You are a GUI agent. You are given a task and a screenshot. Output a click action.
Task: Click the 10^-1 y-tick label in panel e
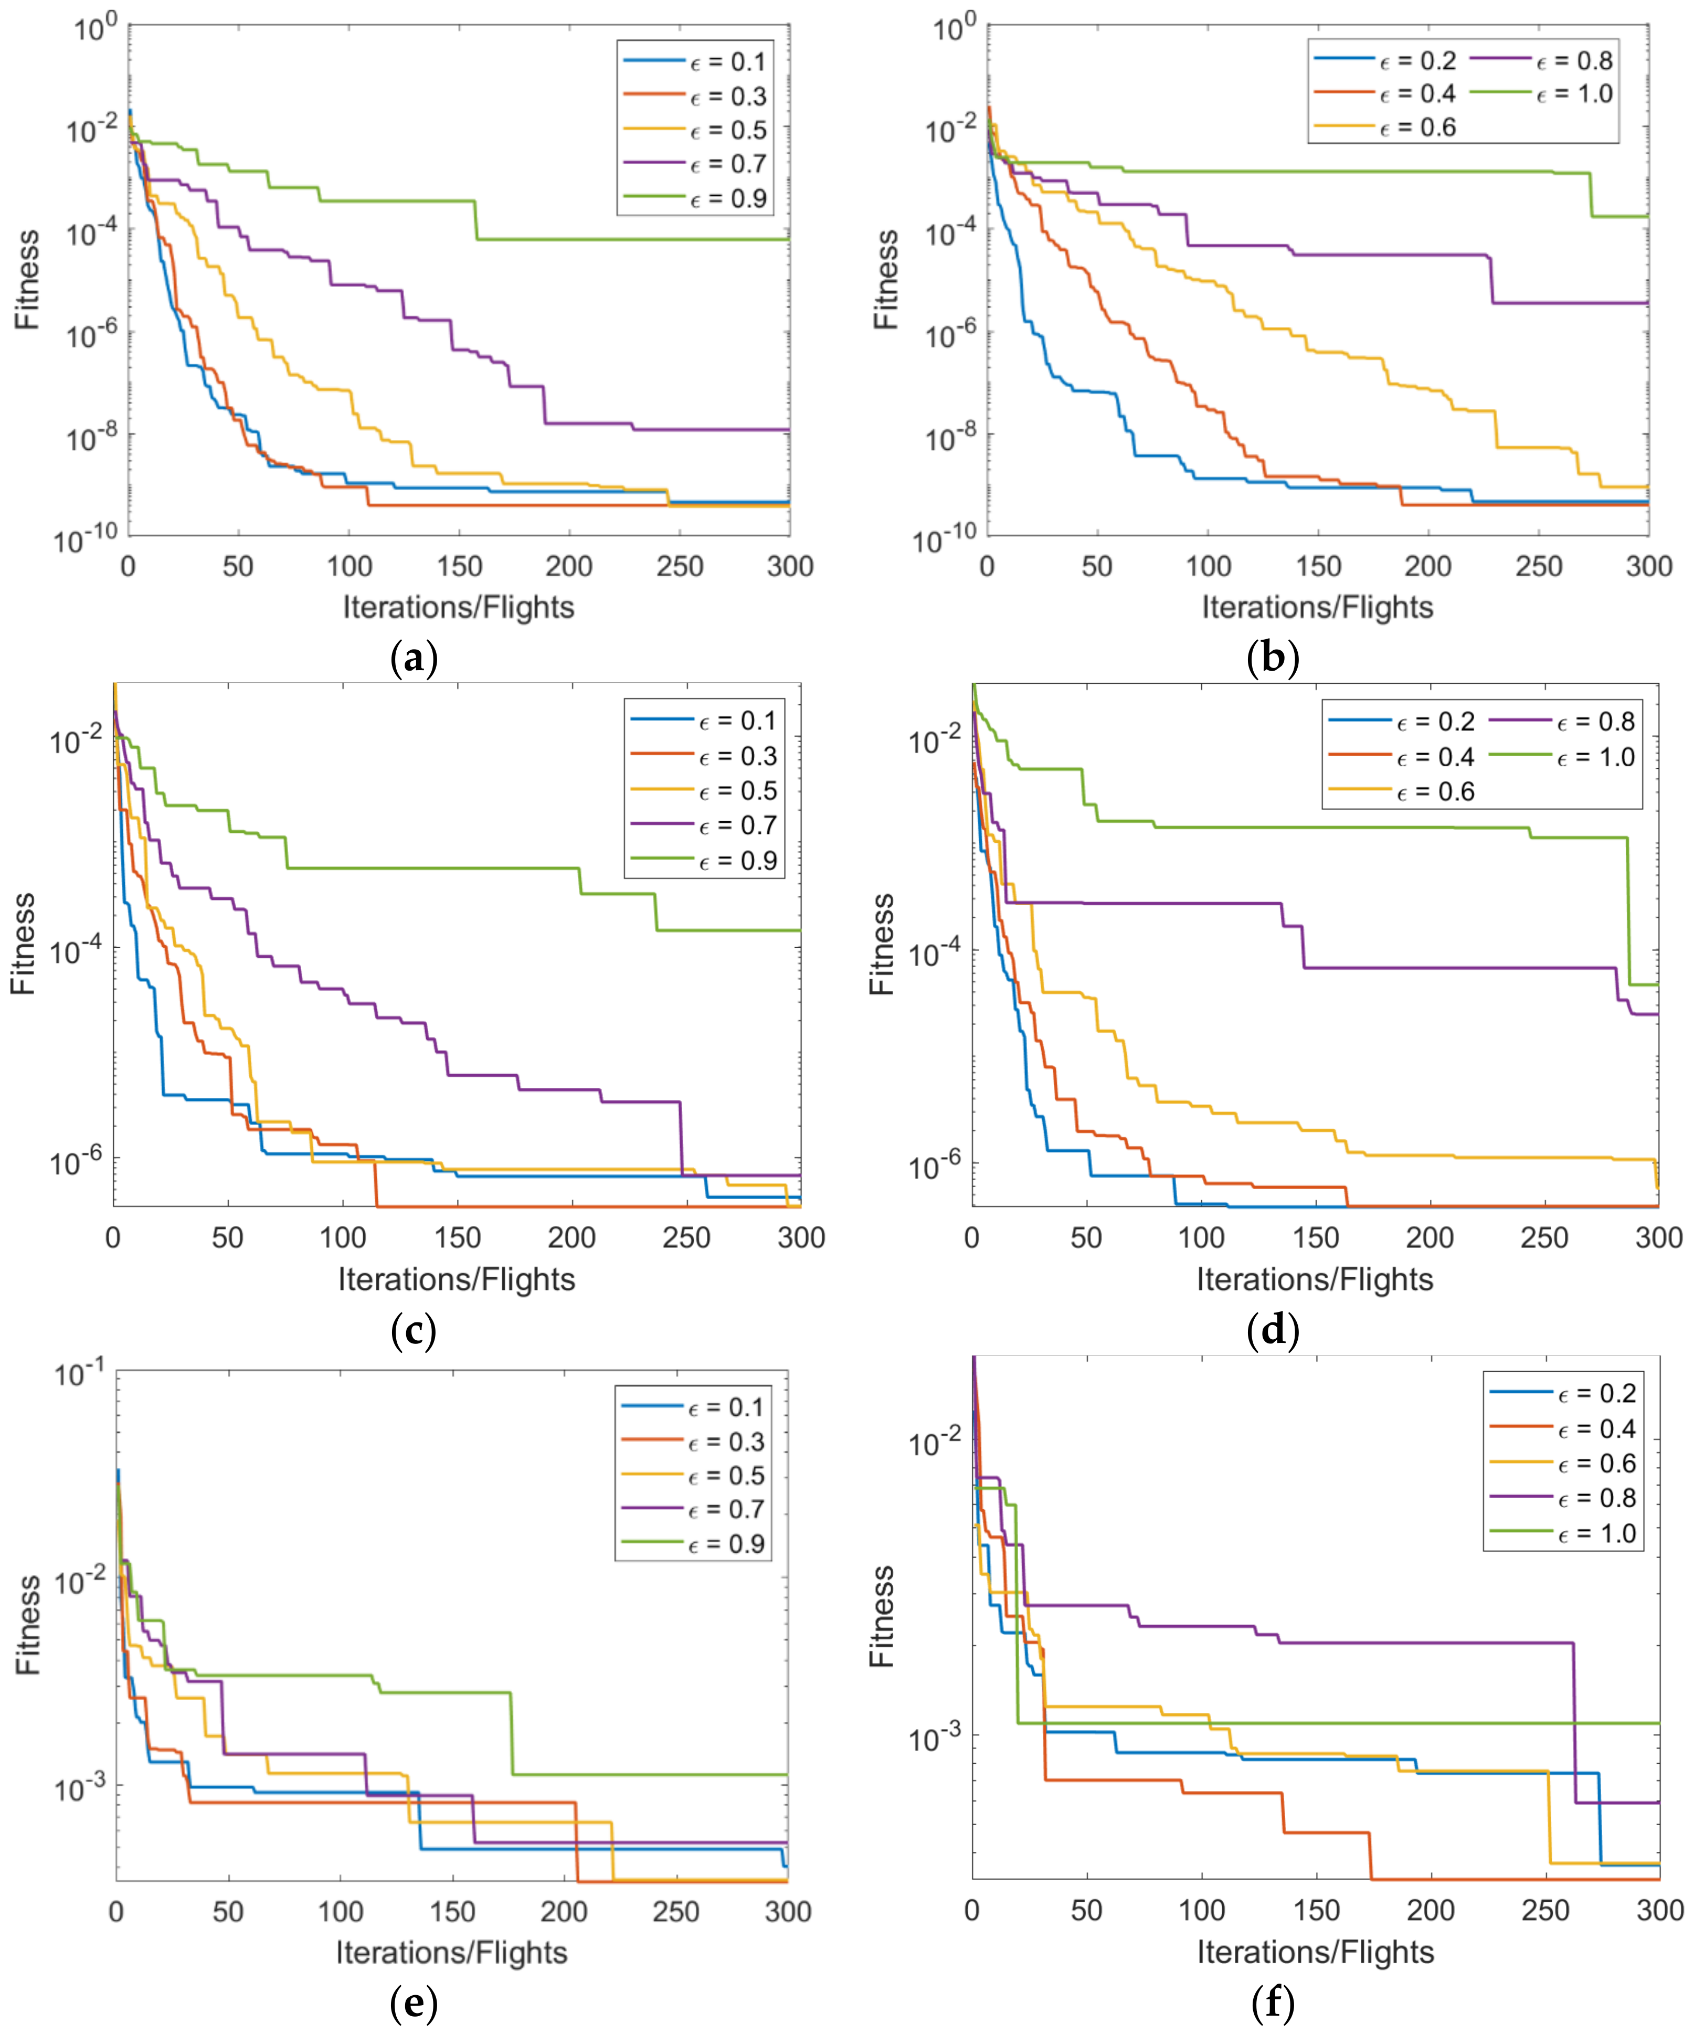pos(81,1373)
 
